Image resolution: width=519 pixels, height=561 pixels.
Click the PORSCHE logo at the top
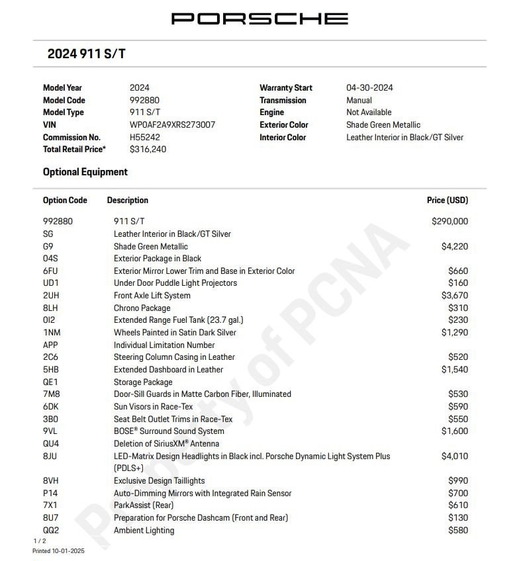pyautogui.click(x=259, y=19)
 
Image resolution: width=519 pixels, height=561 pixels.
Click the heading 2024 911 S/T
pyautogui.click(x=86, y=54)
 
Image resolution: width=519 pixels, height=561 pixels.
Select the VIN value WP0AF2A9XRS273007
pyautogui.click(x=172, y=124)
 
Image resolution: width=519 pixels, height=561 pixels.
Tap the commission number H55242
pyautogui.click(x=144, y=137)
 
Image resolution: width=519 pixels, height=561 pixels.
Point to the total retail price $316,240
pyautogui.click(x=148, y=150)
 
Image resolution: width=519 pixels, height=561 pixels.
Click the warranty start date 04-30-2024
pyautogui.click(x=369, y=87)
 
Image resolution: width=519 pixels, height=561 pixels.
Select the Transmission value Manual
pyautogui.click(x=359, y=100)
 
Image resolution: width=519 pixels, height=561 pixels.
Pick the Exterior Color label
pyautogui.click(x=283, y=124)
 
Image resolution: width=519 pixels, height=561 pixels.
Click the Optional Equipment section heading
pyautogui.click(x=85, y=172)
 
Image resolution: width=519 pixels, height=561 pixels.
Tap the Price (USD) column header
pyautogui.click(x=447, y=200)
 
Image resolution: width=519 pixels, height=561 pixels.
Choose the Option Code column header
pyautogui.click(x=65, y=200)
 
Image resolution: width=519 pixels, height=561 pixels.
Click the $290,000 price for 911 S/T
pyautogui.click(x=449, y=222)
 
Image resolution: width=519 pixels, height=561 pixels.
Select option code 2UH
pyautogui.click(x=51, y=296)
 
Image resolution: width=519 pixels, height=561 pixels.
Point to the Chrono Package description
pyautogui.click(x=142, y=308)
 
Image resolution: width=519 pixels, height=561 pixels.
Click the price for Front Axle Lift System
pyautogui.click(x=454, y=296)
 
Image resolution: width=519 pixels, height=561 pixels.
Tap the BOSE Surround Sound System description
pyautogui.click(x=169, y=431)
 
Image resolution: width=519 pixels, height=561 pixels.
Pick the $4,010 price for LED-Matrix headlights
pyautogui.click(x=454, y=456)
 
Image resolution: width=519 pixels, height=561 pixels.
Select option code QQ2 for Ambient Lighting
pyautogui.click(x=51, y=530)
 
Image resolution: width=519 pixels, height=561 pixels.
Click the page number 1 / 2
pyautogui.click(x=40, y=541)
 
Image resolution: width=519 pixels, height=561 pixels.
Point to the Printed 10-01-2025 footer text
pyautogui.click(x=59, y=550)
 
